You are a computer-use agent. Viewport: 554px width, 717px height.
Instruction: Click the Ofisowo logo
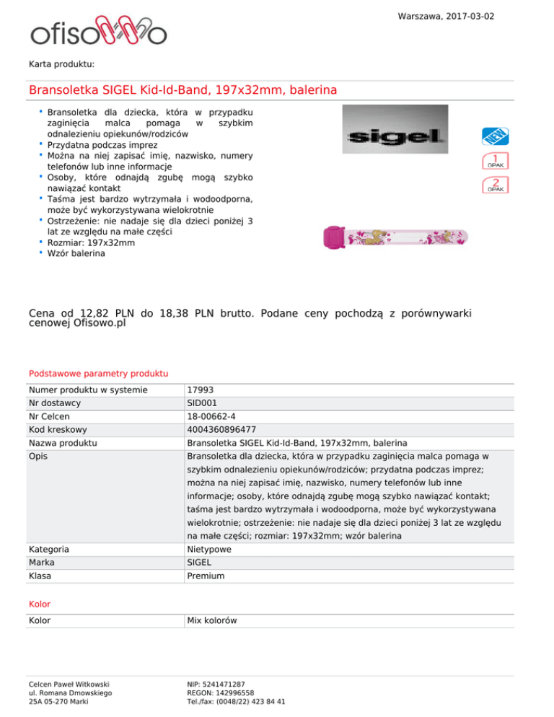pos(98,31)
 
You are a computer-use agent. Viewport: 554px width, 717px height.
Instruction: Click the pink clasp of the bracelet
pos(335,235)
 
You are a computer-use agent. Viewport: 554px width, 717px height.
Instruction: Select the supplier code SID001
pos(203,403)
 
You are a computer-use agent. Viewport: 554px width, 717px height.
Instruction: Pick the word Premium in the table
pos(206,576)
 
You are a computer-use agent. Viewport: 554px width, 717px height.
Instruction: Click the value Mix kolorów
pos(211,620)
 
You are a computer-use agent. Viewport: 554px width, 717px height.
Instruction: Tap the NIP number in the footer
pos(215,682)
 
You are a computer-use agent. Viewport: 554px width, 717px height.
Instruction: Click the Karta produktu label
pos(62,64)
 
